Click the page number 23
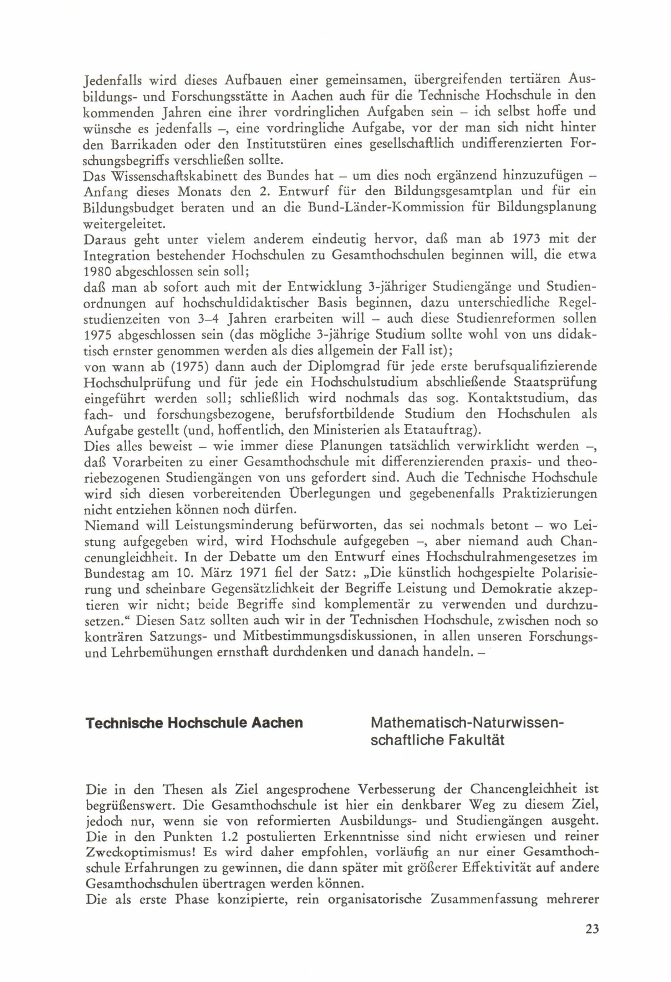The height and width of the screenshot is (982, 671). click(x=592, y=929)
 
